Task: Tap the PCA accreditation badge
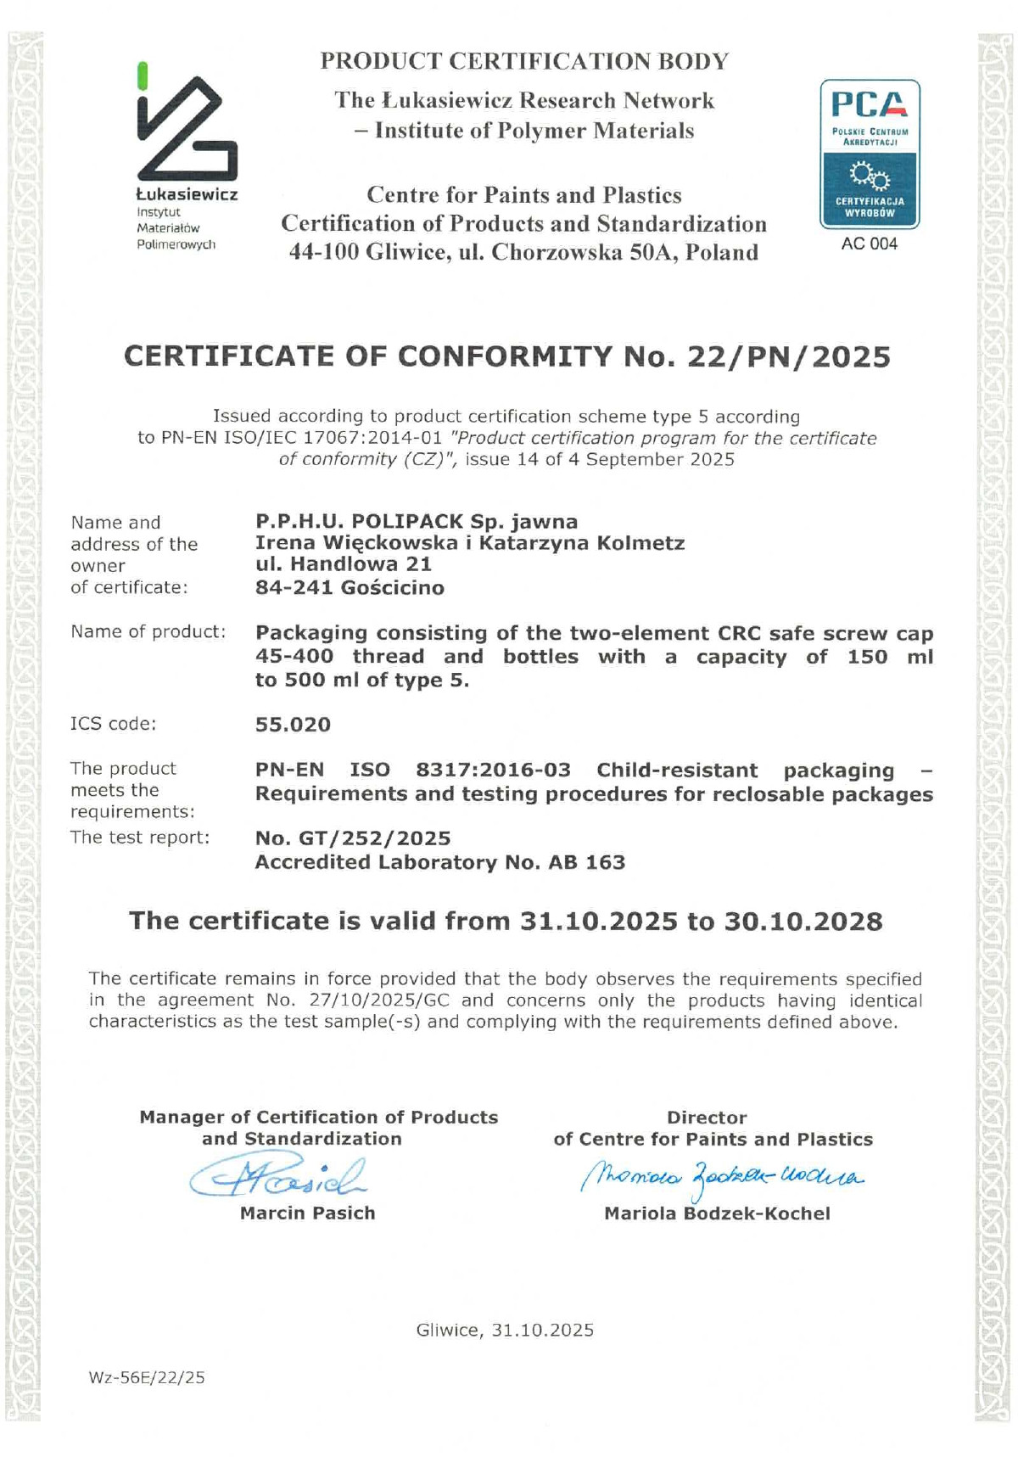coord(870,154)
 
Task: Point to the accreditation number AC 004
coord(869,244)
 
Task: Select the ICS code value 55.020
coord(293,725)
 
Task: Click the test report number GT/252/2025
coord(374,838)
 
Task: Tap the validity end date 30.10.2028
coord(803,921)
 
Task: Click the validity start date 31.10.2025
coord(598,921)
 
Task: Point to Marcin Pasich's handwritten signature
coord(280,1176)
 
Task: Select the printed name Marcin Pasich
coord(307,1213)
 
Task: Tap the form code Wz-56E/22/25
coord(147,1377)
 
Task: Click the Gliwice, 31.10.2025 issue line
coord(505,1330)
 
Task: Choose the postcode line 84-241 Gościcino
coord(350,587)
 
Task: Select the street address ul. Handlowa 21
coord(344,563)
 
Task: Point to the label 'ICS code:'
coord(113,724)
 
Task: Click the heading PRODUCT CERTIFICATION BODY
coord(524,61)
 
